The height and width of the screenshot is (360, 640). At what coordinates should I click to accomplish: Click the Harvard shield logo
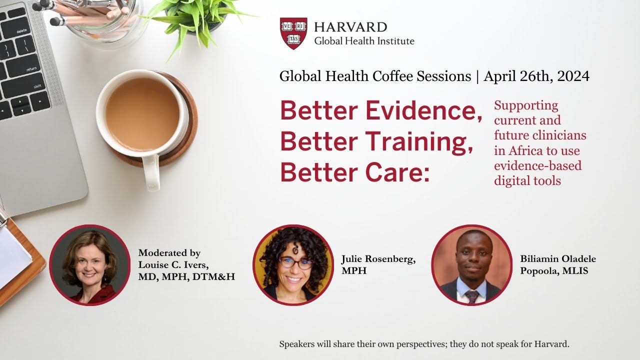293,33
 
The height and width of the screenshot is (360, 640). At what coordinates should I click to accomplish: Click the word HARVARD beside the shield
350,27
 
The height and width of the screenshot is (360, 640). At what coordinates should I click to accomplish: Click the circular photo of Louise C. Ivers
90,265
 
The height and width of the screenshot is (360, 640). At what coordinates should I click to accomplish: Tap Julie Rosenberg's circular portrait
293,265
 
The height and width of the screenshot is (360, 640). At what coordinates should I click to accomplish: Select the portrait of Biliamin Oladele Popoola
471,265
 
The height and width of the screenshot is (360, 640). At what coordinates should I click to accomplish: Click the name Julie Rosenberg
378,259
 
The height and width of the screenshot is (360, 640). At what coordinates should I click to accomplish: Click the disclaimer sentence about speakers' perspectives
424,344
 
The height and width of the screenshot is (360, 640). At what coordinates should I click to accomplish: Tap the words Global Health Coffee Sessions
375,76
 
